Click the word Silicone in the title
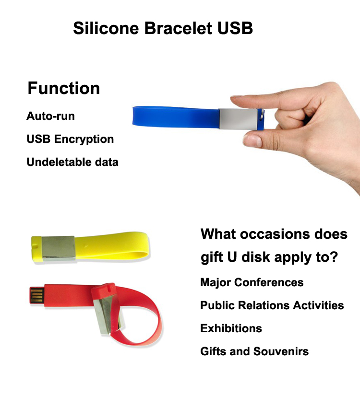point(106,28)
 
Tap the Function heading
point(64,88)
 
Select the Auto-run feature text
point(50,116)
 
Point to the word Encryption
point(84,140)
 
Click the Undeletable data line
point(72,162)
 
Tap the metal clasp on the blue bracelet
point(238,119)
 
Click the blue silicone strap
point(176,116)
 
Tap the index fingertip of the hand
point(235,100)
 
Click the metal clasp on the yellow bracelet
point(59,248)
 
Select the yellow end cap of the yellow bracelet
point(36,249)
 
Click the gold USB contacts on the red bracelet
point(37,295)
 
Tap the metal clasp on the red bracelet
point(108,314)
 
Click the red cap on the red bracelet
point(103,291)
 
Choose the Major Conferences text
point(252,282)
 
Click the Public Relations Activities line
point(272,305)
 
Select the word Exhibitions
point(231,328)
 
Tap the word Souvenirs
point(281,351)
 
